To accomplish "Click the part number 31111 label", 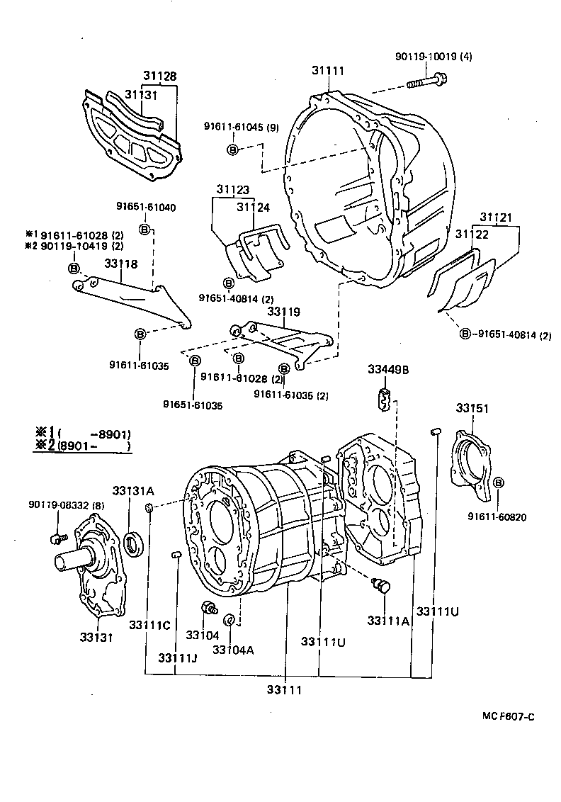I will point(327,70).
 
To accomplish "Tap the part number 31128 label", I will point(159,76).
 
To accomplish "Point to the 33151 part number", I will point(472,409).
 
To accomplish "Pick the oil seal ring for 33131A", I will point(132,544).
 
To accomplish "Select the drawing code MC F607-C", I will point(508,716).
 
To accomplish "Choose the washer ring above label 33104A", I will point(229,621).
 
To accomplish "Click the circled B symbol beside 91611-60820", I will point(499,482).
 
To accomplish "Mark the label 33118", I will point(121,263).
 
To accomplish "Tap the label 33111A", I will point(388,620).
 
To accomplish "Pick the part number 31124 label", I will point(254,207).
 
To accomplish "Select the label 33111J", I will point(177,657).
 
